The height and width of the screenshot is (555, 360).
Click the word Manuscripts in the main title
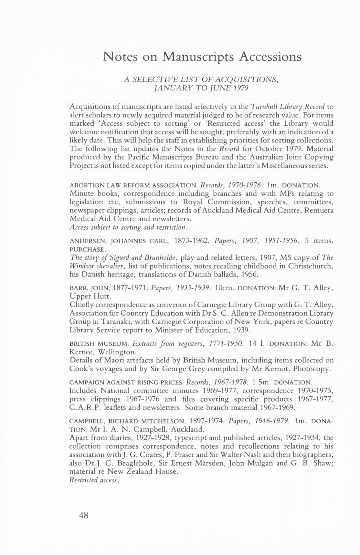click(x=199, y=57)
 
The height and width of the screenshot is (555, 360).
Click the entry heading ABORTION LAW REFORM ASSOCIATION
click(x=134, y=186)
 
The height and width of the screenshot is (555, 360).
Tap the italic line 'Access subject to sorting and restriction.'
click(x=128, y=227)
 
